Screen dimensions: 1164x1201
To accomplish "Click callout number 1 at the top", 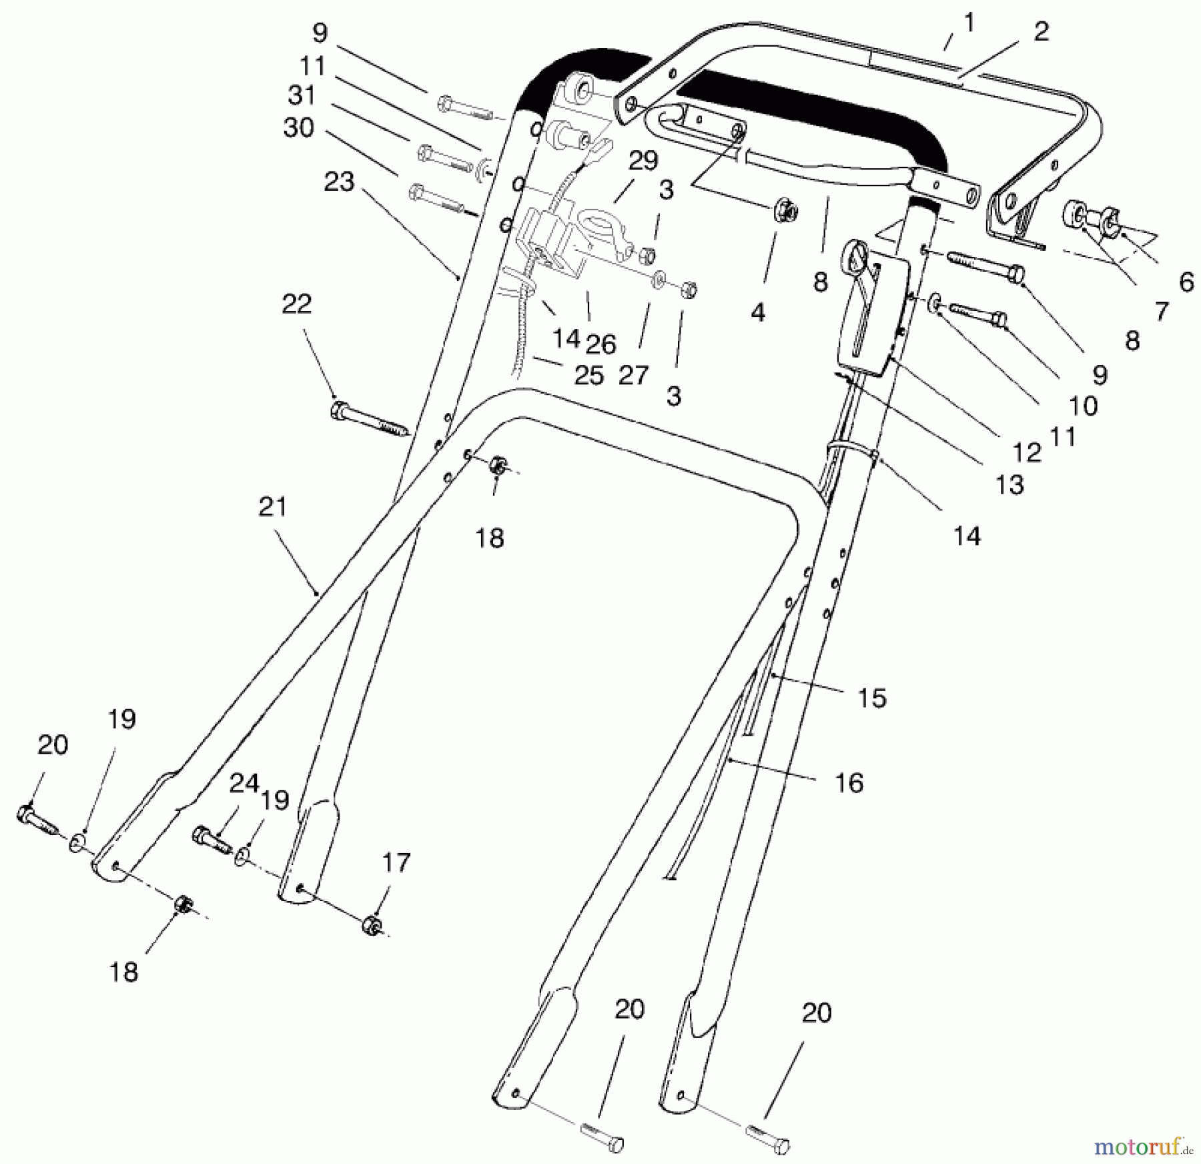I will coord(969,23).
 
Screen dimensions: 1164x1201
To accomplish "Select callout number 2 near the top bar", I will coord(1041,31).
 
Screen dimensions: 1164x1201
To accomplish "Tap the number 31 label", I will coord(302,95).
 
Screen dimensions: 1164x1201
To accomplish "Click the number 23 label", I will coord(339,181).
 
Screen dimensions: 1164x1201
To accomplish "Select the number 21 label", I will coord(273,507).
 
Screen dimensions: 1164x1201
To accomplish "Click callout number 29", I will coord(643,161).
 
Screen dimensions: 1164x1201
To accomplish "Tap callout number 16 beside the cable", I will coord(849,782).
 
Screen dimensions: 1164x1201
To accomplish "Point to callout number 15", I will coord(872,698).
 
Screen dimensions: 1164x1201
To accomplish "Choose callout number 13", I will coord(1010,485).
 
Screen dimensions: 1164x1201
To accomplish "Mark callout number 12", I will coord(1027,453).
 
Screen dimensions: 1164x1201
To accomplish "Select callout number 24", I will coord(244,783).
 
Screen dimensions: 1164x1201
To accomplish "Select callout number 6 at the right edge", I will coord(1186,283).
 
